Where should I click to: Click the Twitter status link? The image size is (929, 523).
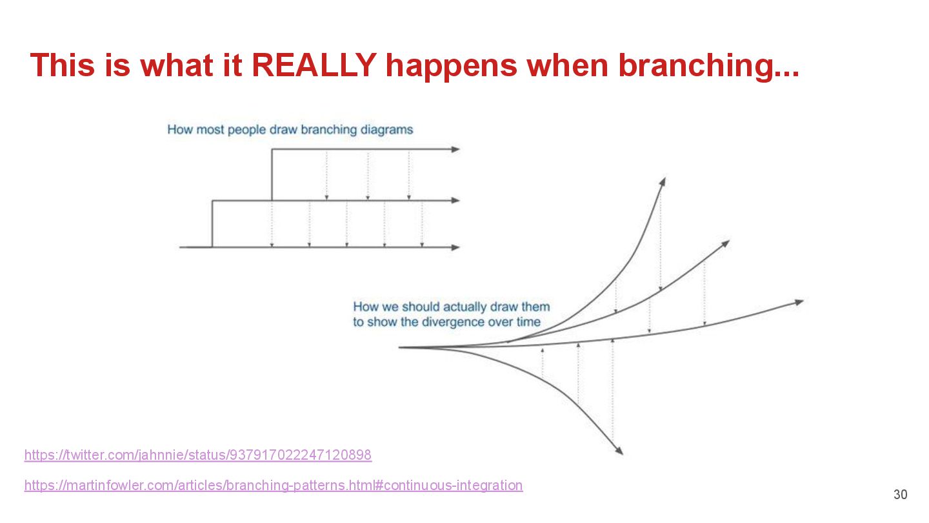(x=197, y=455)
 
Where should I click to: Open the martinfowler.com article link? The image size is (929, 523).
(x=273, y=485)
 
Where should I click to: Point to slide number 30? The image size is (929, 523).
(x=900, y=495)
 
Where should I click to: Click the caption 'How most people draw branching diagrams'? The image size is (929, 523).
(x=290, y=129)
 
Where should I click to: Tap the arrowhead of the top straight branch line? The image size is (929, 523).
(x=456, y=149)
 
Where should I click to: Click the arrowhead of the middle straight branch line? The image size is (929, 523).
(x=456, y=200)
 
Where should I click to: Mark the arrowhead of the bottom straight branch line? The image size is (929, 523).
(x=456, y=247)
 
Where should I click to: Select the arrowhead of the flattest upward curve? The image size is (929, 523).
(x=799, y=302)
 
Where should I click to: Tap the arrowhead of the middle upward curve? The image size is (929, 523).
(x=725, y=243)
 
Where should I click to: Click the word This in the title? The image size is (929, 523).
(x=62, y=65)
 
